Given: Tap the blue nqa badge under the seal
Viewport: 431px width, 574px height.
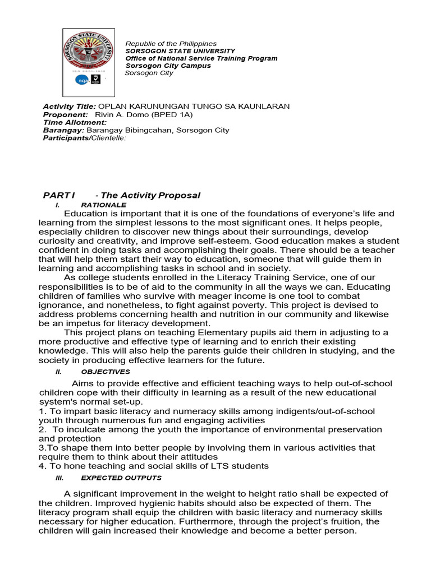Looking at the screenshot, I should pyautogui.click(x=81, y=80).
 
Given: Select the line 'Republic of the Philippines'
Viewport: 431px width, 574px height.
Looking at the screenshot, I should pyautogui.click(x=170, y=44).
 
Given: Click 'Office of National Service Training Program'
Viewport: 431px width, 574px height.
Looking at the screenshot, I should pyautogui.click(x=201, y=58).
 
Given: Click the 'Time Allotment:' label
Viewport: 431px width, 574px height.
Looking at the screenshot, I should pyautogui.click(x=75, y=122).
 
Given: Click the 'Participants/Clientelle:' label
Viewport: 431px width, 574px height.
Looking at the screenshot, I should pyautogui.click(x=85, y=138).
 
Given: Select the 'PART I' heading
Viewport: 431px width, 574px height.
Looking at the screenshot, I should pyautogui.click(x=58, y=195).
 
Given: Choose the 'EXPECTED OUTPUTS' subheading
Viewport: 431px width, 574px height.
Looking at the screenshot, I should pyautogui.click(x=121, y=478).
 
